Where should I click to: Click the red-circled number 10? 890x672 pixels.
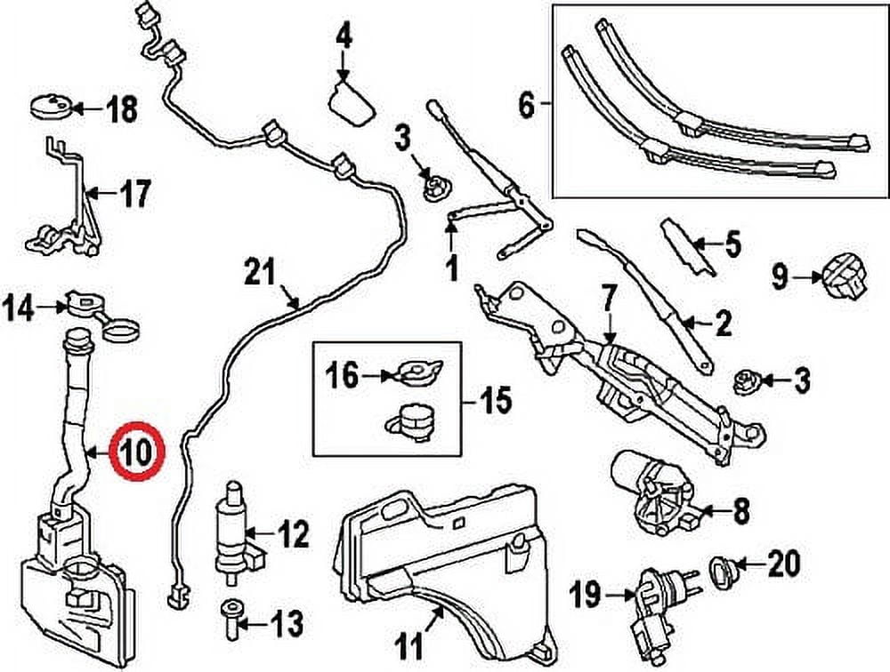(137, 451)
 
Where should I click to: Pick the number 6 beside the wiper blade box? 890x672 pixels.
(527, 107)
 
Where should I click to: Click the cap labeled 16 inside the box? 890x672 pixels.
(417, 374)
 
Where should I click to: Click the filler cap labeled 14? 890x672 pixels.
(84, 307)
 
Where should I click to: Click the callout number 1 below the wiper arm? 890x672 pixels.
(451, 265)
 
